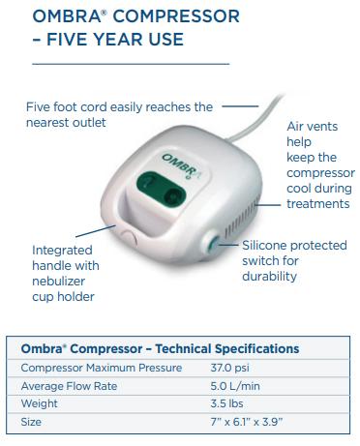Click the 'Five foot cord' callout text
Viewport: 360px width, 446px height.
tap(119, 114)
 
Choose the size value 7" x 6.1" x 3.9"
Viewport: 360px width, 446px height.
tap(254, 423)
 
